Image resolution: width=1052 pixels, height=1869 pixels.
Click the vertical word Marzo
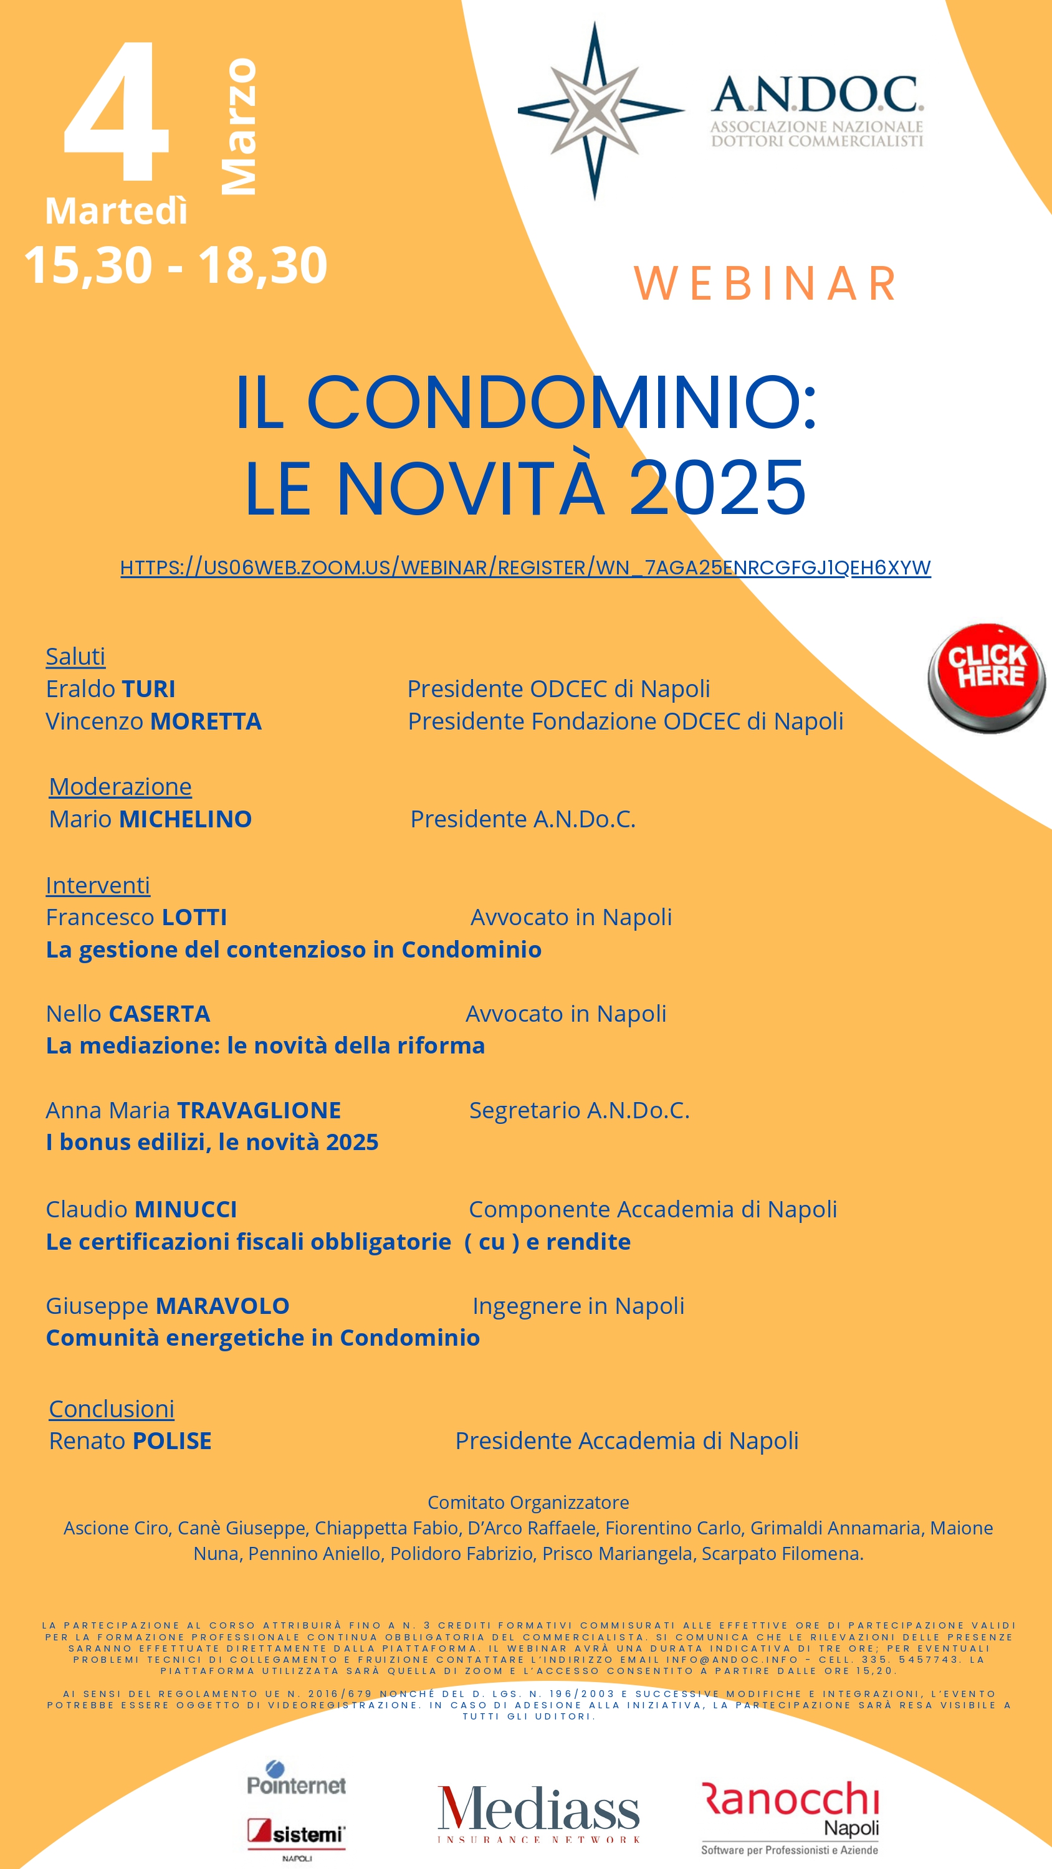click(239, 127)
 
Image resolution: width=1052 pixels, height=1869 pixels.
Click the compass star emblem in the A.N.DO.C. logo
click(595, 110)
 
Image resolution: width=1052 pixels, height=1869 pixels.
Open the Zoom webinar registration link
click(525, 568)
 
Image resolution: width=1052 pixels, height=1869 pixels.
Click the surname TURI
click(148, 688)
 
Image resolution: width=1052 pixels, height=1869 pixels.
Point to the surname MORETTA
click(206, 721)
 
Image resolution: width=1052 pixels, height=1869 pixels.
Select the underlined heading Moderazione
click(120, 786)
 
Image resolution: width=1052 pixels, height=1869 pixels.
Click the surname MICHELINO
click(185, 819)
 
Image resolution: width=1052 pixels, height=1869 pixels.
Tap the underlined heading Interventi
click(98, 885)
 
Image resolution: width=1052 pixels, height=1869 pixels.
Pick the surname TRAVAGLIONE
click(259, 1110)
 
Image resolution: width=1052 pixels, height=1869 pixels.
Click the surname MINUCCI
click(186, 1209)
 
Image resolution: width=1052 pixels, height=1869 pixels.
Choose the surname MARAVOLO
click(223, 1306)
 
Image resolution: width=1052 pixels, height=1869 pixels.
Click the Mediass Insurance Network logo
click(538, 1813)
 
